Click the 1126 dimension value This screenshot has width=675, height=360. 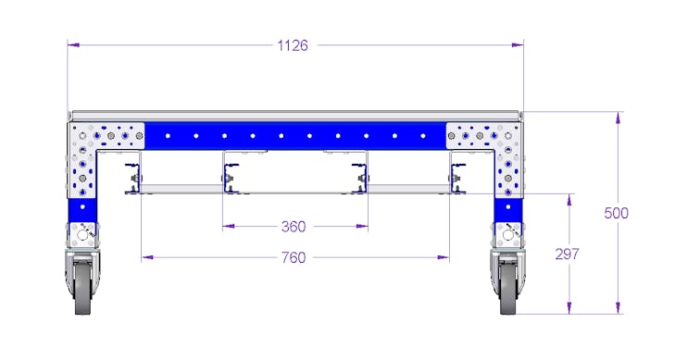tap(293, 45)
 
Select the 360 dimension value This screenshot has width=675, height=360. tap(294, 226)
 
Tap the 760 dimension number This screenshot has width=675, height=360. tap(294, 257)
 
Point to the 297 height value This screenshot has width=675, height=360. tap(567, 254)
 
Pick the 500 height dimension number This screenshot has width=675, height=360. tap(616, 213)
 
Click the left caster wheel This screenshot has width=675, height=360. tap(82, 287)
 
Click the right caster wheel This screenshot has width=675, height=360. tap(509, 287)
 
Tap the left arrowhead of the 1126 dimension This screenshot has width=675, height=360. tap(74, 44)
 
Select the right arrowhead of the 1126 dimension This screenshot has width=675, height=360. tap(518, 44)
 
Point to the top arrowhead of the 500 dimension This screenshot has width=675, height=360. tap(619, 118)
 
